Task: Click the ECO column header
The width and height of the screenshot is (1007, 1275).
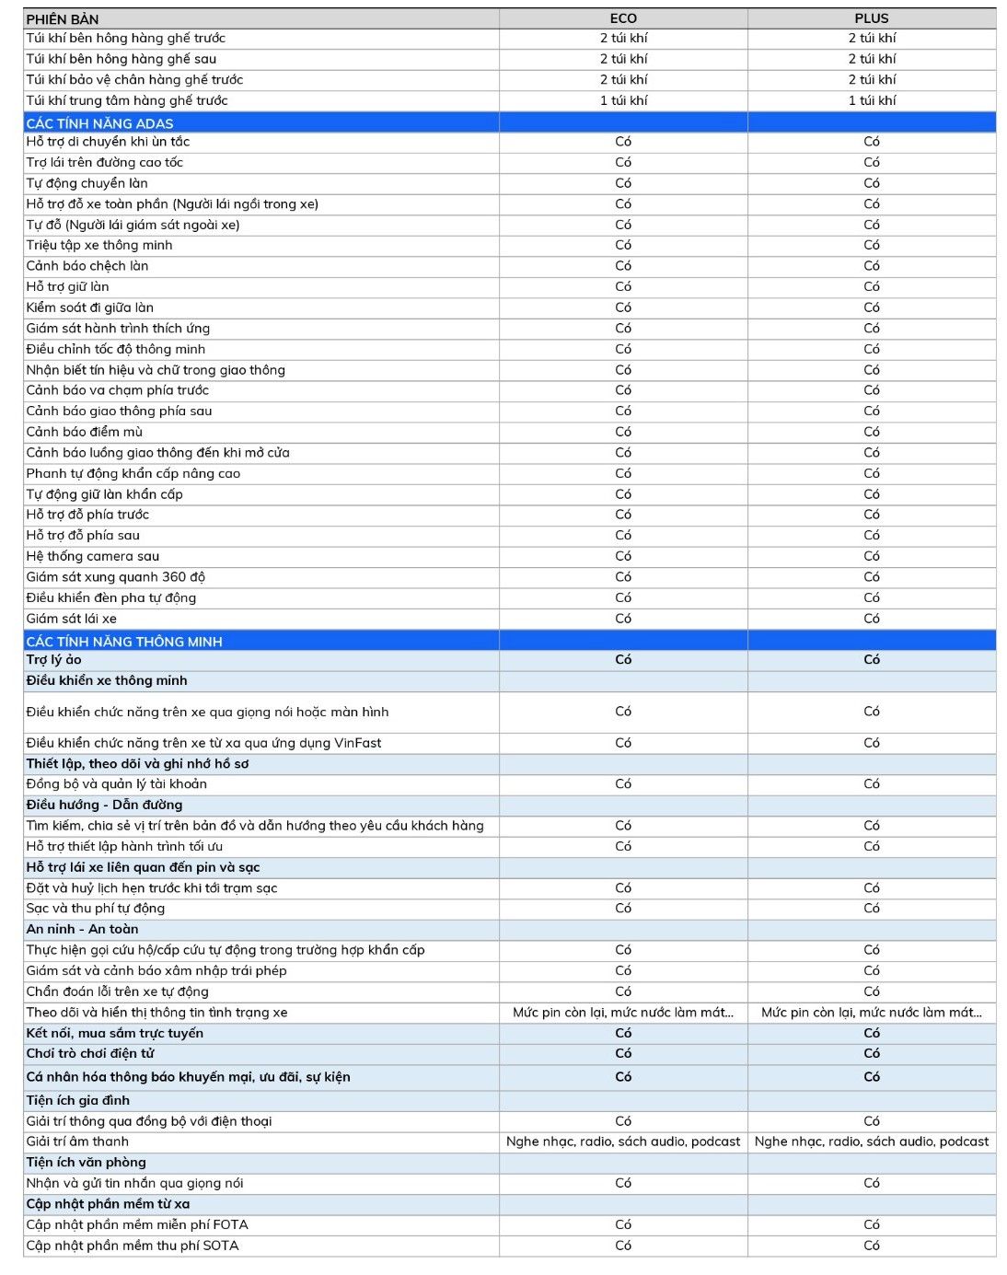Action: [623, 18]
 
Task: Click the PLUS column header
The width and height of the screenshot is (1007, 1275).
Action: [871, 18]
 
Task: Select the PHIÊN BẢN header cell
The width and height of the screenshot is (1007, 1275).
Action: [63, 19]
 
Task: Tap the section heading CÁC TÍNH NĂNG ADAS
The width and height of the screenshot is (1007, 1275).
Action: [99, 123]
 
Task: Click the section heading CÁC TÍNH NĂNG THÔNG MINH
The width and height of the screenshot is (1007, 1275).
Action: [124, 642]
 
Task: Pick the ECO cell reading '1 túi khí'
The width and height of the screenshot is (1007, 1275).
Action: [623, 100]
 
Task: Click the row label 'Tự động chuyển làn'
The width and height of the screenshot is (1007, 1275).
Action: [87, 183]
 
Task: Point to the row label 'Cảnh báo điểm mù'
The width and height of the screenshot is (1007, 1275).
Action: [84, 432]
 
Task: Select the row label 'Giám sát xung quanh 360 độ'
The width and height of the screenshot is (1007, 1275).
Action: [115, 577]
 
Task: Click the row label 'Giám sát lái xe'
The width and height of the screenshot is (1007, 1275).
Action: [71, 619]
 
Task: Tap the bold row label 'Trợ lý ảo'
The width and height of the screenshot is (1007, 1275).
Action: [53, 660]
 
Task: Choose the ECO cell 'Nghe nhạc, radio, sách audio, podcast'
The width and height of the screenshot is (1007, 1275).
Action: [623, 1142]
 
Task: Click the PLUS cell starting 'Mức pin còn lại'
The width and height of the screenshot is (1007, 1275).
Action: [871, 1013]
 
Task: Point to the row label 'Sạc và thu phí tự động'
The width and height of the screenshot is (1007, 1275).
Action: [95, 909]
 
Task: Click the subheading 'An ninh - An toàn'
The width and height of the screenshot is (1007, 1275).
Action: [82, 929]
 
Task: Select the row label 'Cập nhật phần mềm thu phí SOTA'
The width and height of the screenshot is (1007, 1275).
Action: [132, 1246]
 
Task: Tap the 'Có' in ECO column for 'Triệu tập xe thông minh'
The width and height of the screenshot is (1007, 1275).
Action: [623, 245]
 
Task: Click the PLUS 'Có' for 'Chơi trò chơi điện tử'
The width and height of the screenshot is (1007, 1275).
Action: [871, 1053]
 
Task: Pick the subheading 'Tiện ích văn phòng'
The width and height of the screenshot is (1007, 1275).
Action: [86, 1163]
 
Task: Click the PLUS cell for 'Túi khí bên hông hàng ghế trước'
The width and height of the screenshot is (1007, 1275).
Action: [871, 38]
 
